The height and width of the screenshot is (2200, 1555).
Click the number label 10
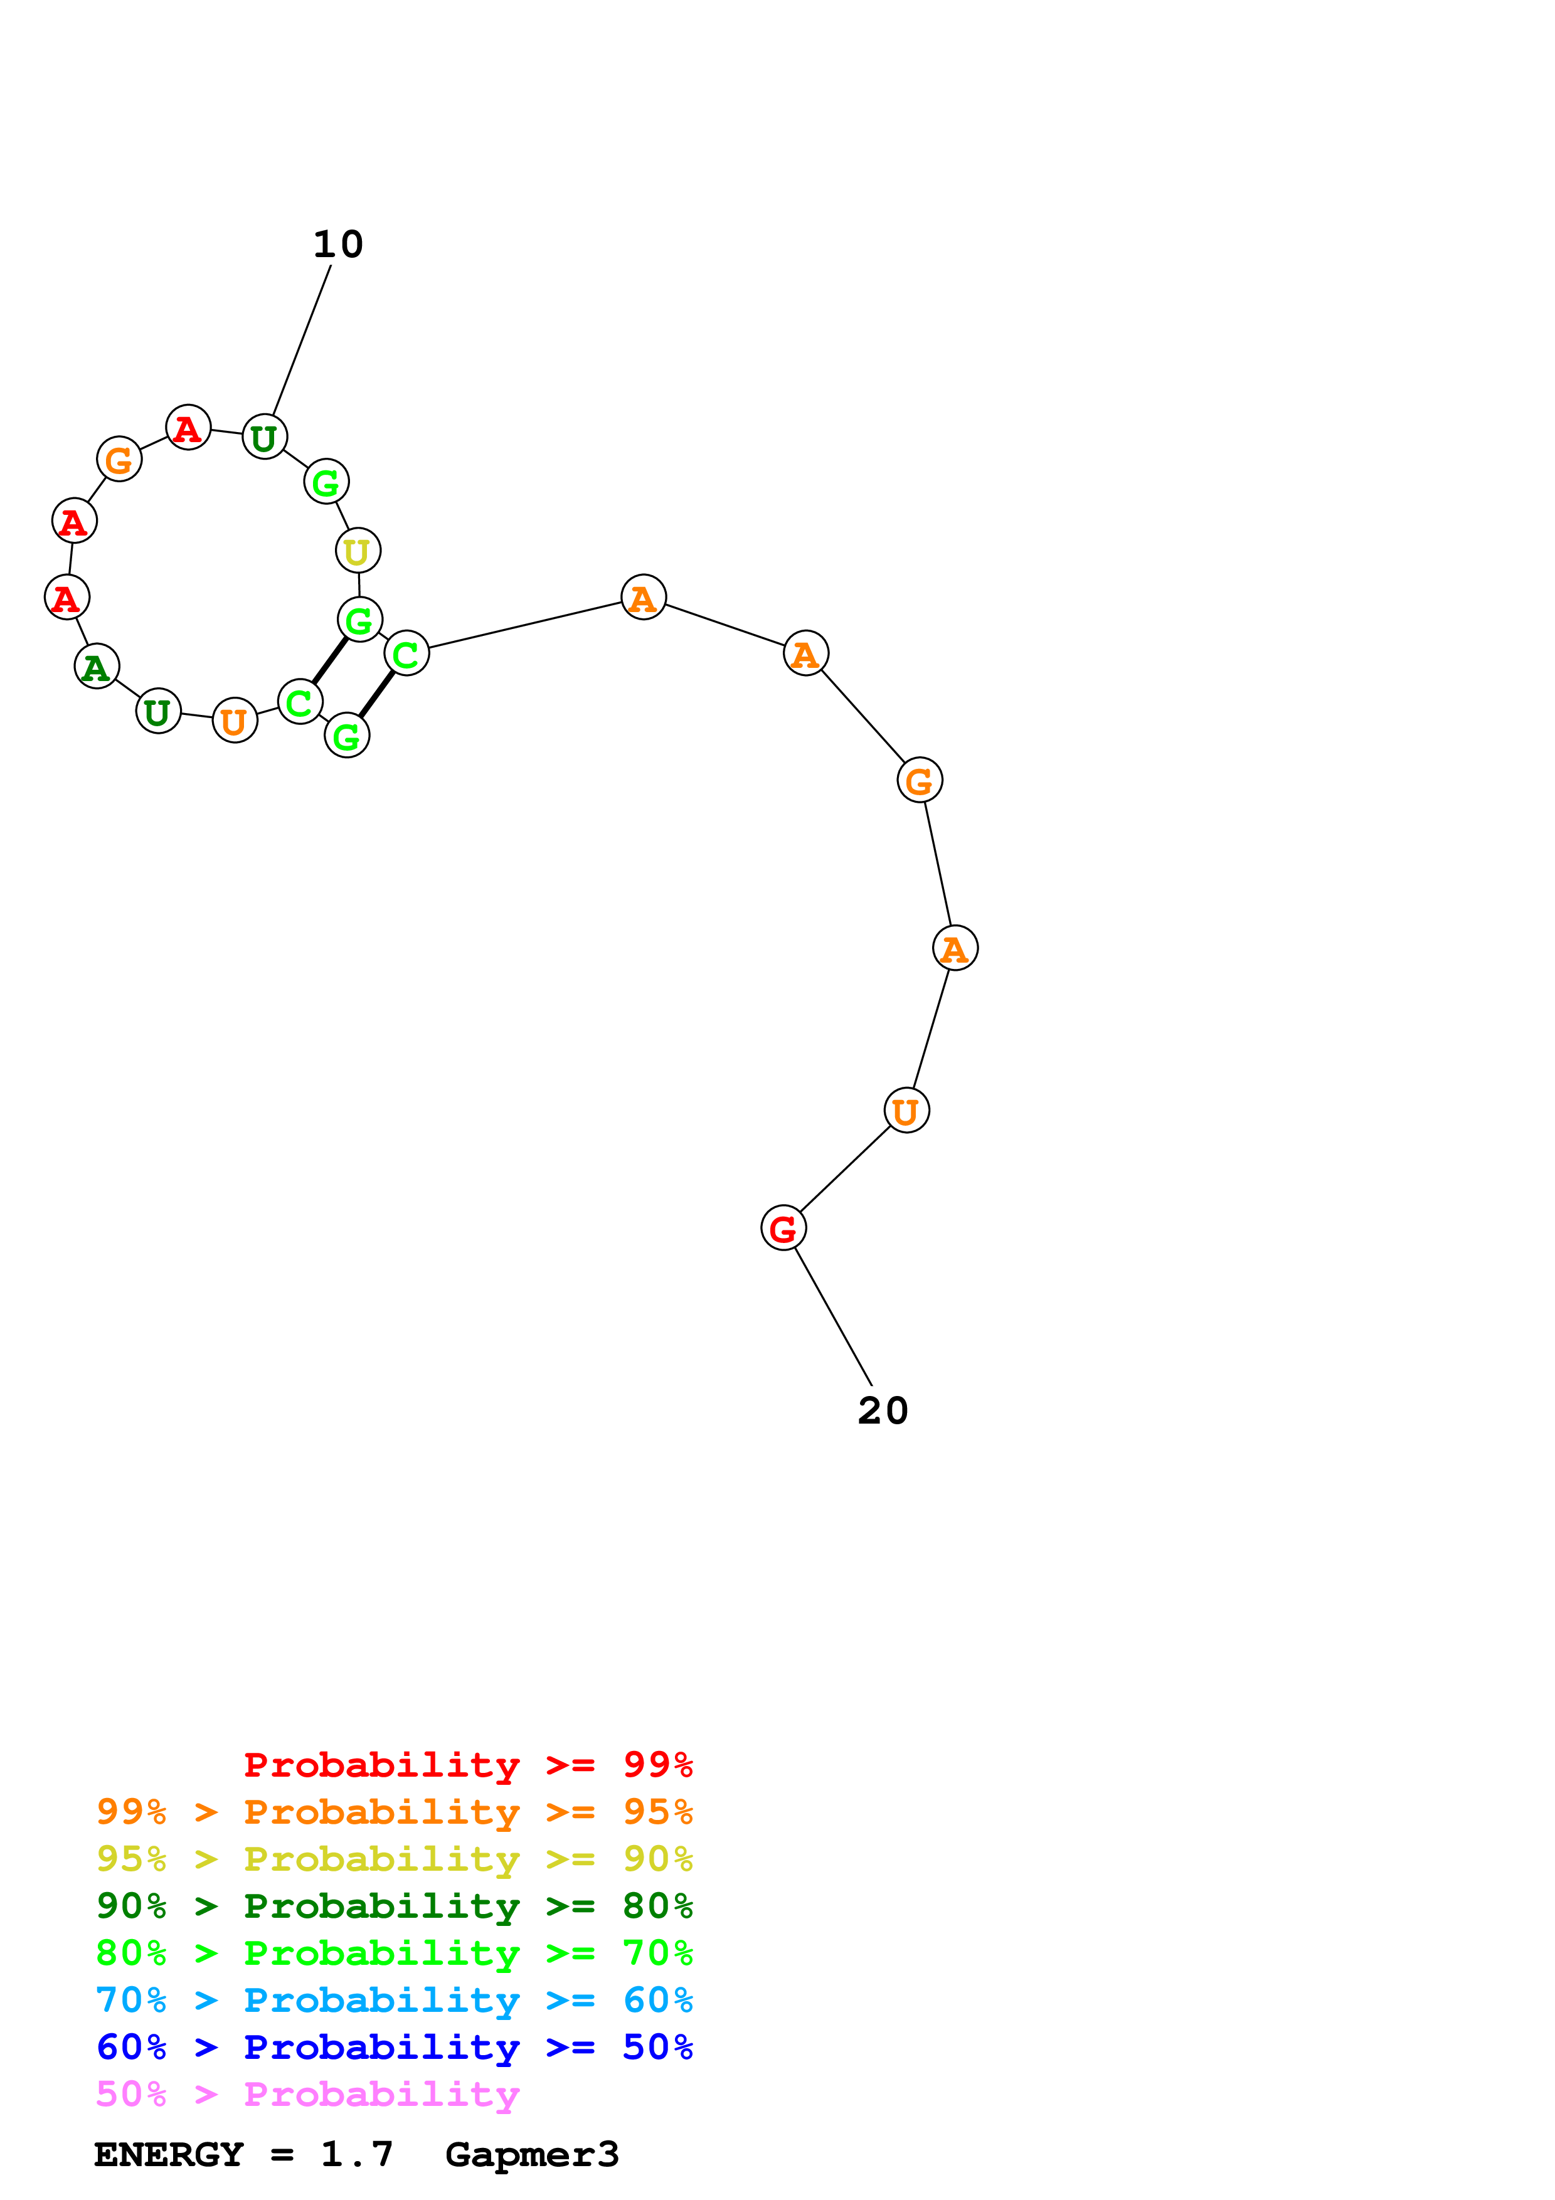tap(337, 245)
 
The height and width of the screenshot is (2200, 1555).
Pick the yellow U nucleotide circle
tap(358, 551)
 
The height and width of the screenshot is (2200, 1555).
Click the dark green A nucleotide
tap(97, 666)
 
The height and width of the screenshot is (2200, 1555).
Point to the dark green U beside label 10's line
tap(265, 437)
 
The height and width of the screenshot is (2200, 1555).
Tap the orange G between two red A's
tap(119, 460)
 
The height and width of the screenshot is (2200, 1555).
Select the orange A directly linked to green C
tap(643, 598)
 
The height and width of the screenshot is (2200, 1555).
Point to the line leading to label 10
tap(302, 340)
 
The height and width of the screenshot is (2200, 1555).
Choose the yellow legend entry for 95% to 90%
tap(394, 1858)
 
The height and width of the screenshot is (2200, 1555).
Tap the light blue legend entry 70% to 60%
tap(394, 2000)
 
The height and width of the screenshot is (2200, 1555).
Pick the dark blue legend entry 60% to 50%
tap(394, 2047)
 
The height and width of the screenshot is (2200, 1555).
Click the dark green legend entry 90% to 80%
tap(394, 1906)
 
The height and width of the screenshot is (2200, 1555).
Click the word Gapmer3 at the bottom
tap(532, 2155)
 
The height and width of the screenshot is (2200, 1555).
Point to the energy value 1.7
tap(356, 2155)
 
